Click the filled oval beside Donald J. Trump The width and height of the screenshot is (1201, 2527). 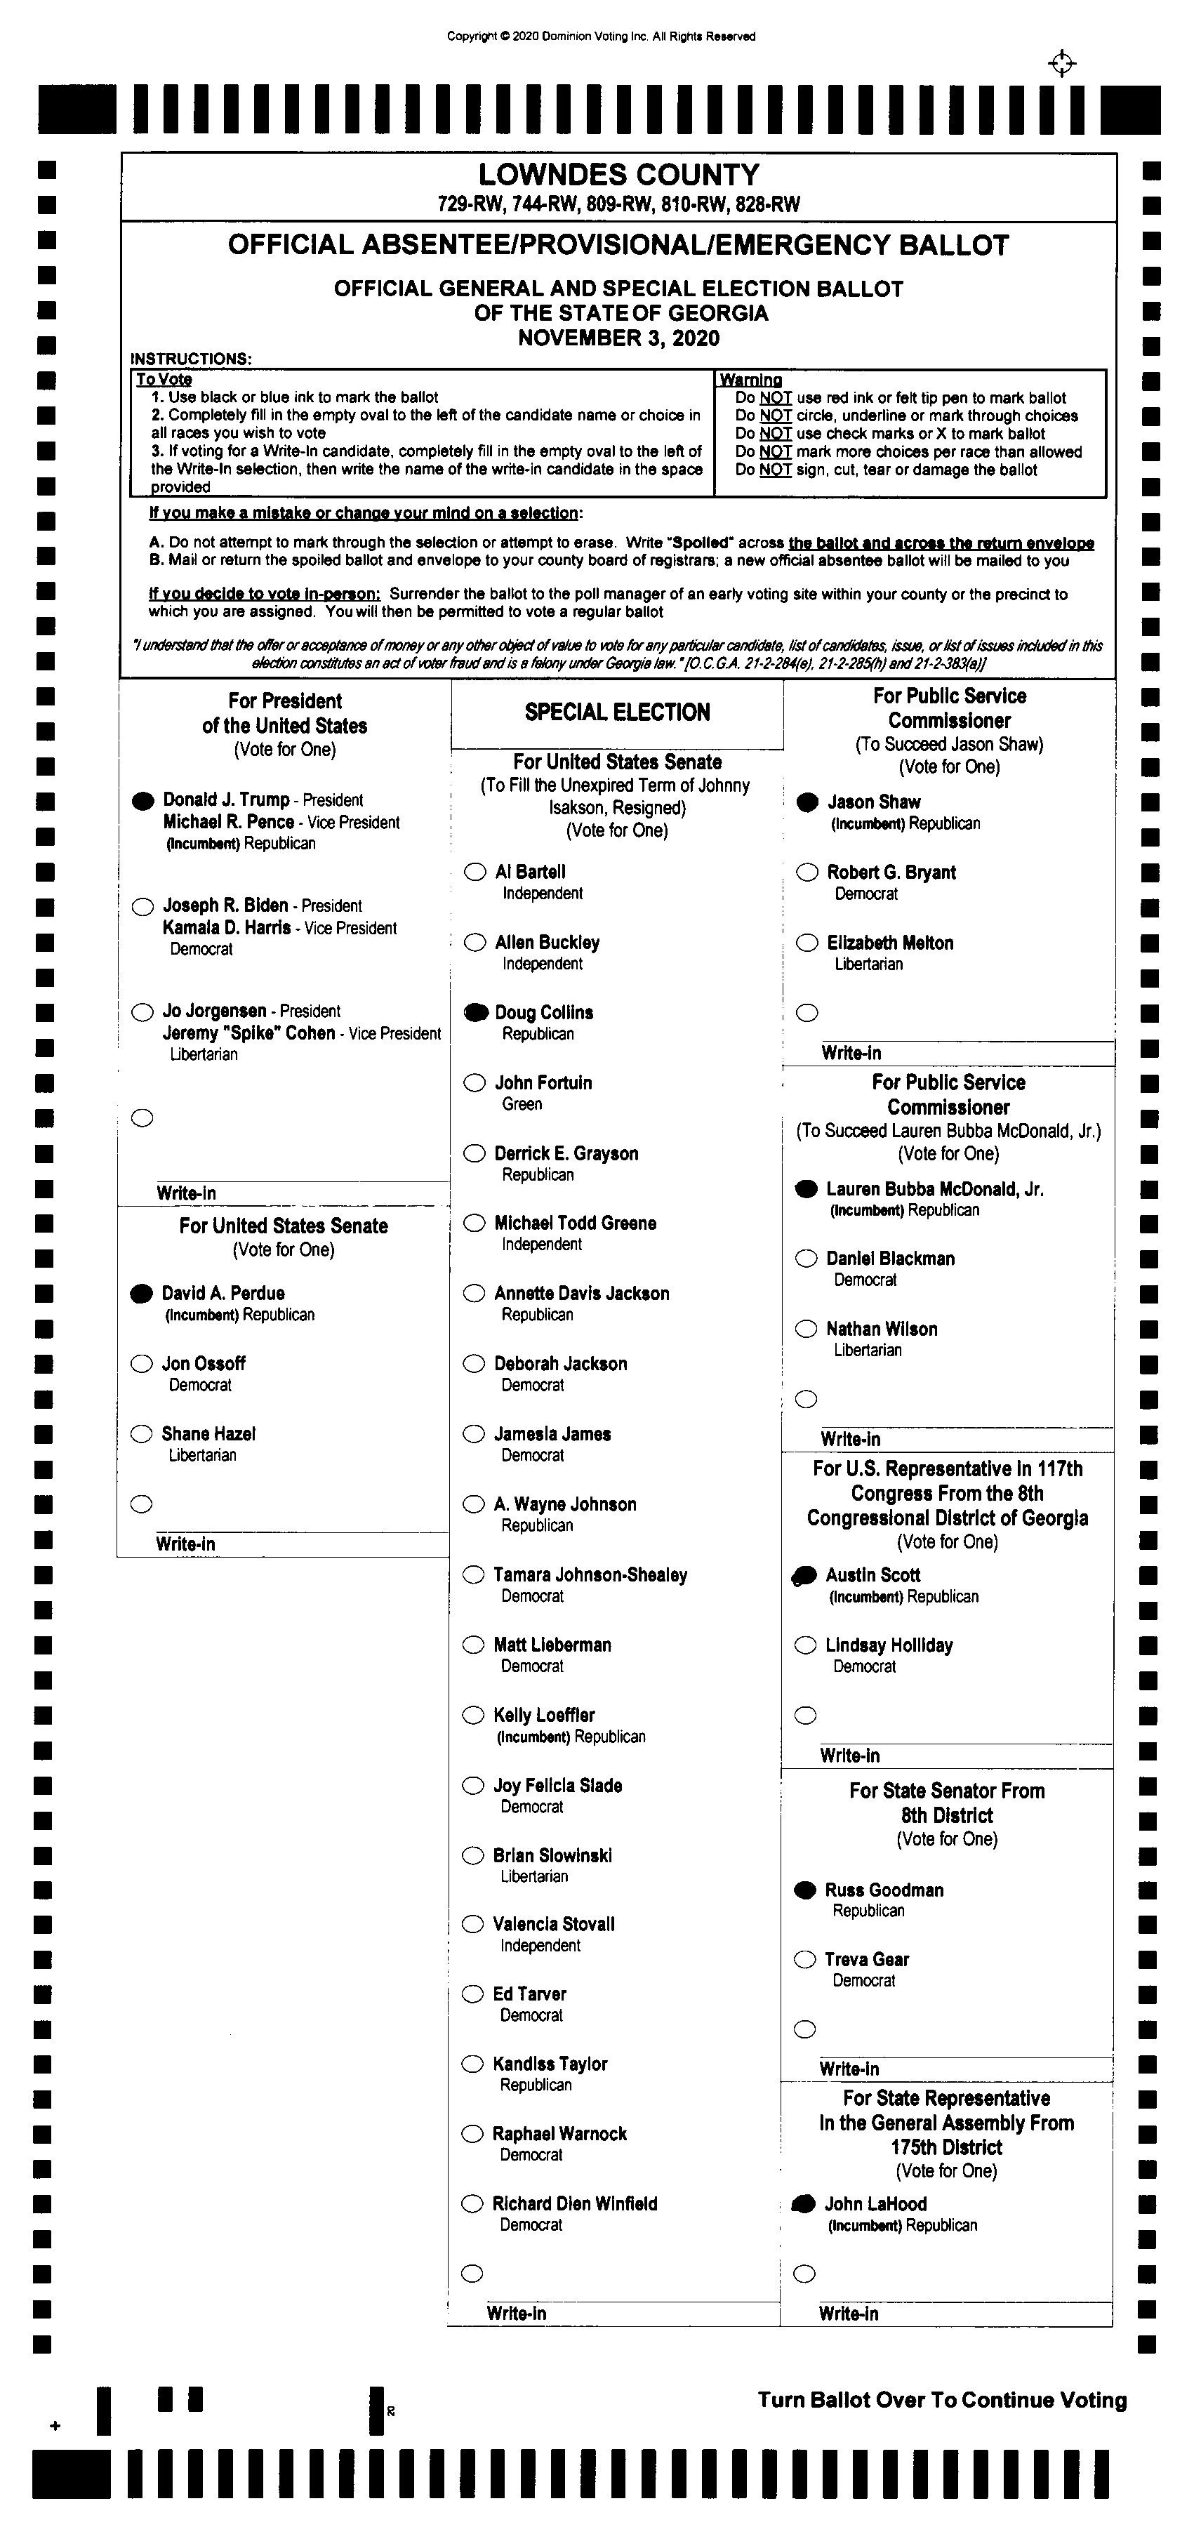[x=143, y=800]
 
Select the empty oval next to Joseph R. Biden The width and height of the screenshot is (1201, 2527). [x=143, y=906]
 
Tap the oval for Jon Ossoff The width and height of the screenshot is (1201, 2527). [x=142, y=1364]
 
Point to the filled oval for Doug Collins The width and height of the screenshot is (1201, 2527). [x=476, y=1012]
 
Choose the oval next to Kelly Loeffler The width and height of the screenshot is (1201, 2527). [x=474, y=1715]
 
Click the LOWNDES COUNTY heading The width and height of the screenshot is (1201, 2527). [x=618, y=175]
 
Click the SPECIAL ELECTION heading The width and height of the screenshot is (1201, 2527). [x=617, y=712]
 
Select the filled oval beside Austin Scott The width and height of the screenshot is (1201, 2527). [x=804, y=1575]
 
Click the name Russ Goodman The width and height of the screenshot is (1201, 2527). [x=884, y=1890]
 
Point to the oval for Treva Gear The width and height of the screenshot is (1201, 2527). [x=804, y=1959]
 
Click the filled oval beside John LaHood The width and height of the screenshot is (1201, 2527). [x=804, y=2203]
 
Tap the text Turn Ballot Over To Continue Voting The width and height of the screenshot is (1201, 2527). [x=942, y=2401]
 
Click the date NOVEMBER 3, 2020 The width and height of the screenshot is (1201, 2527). [x=618, y=338]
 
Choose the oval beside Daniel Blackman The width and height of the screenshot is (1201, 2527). [x=807, y=1259]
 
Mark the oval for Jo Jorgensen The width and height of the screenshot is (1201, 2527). [x=143, y=1012]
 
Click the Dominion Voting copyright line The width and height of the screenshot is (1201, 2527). [x=601, y=37]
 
